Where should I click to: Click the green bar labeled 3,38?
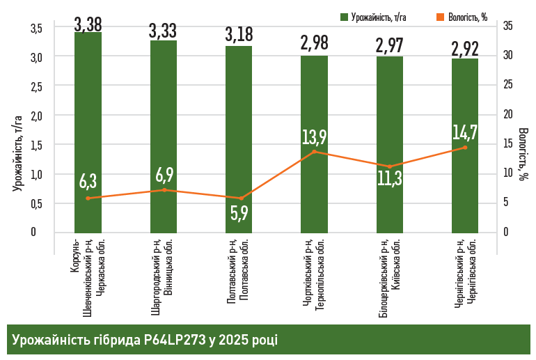click(x=88, y=132)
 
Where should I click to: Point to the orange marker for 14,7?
click(x=465, y=148)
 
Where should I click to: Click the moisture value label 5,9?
click(x=239, y=213)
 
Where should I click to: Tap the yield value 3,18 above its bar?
click(x=239, y=35)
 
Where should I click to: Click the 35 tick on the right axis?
click(x=508, y=26)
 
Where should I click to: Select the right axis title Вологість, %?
click(x=523, y=154)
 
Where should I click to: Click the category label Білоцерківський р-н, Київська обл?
click(x=390, y=275)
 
